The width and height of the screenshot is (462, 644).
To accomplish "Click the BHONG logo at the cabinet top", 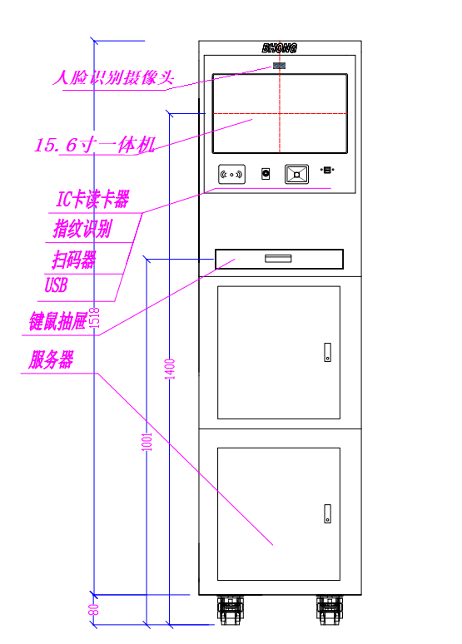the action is [280, 48].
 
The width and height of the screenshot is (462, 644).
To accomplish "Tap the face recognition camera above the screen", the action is [280, 66].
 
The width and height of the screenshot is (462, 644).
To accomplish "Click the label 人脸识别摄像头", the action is [113, 77].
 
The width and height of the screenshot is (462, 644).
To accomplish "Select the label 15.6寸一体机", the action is [95, 145].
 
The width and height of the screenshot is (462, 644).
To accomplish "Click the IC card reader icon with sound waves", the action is [231, 175].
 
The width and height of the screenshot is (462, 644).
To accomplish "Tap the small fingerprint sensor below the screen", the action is [266, 174].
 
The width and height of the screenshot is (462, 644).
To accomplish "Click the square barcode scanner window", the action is [297, 174].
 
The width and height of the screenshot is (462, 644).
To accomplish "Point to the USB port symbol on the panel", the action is [327, 170].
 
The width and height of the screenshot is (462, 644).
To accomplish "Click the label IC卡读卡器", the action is [92, 199].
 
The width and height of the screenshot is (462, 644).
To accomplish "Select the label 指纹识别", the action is [82, 228].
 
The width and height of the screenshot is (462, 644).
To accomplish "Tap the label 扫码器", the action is [74, 260].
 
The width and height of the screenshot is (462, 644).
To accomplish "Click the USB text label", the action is [56, 285].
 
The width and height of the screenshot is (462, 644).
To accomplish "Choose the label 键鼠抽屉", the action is [58, 321].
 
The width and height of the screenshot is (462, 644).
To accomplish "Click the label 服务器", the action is [51, 359].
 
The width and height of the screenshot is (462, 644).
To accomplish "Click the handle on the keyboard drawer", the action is [278, 258].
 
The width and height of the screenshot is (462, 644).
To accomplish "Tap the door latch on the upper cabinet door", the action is [328, 353].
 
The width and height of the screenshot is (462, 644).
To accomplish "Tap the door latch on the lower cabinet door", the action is [328, 514].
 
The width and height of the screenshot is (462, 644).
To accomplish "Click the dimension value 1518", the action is [95, 318].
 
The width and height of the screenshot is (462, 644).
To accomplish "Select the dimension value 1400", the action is [170, 369].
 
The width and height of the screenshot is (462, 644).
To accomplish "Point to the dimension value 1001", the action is [147, 442].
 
